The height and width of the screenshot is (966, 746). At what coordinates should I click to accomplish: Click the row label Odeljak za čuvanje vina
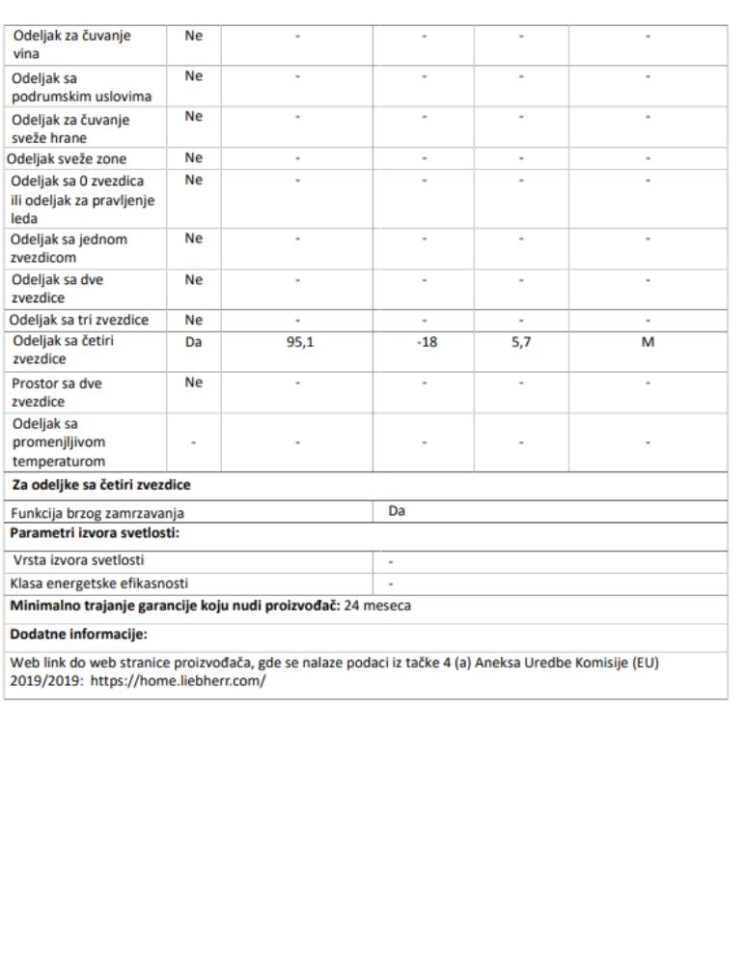pos(72,44)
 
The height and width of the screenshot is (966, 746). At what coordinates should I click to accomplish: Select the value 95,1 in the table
pos(299,341)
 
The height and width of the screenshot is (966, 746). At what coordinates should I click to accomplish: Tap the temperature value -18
pos(427,341)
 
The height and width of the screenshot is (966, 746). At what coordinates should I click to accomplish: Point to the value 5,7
pos(521,341)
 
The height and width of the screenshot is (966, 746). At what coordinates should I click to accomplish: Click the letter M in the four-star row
pos(649,341)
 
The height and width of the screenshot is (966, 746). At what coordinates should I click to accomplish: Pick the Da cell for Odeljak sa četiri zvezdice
pos(194,341)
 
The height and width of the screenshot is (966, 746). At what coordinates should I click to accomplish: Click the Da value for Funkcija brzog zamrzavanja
pos(397,511)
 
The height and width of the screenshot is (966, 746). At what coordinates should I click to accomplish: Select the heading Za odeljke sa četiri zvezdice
pos(101,485)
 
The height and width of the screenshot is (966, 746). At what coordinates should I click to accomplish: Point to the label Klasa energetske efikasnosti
pos(99,582)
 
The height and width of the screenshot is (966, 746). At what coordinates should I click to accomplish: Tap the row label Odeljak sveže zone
pos(68,158)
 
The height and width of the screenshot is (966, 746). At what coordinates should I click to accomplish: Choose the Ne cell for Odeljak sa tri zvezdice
pos(194,320)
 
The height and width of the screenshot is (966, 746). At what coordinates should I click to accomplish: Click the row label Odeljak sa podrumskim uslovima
pos(82,87)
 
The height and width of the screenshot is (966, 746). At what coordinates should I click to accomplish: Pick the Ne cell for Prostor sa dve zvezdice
pos(194,383)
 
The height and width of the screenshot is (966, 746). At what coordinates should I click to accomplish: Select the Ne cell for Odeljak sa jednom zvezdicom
pos(194,239)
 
